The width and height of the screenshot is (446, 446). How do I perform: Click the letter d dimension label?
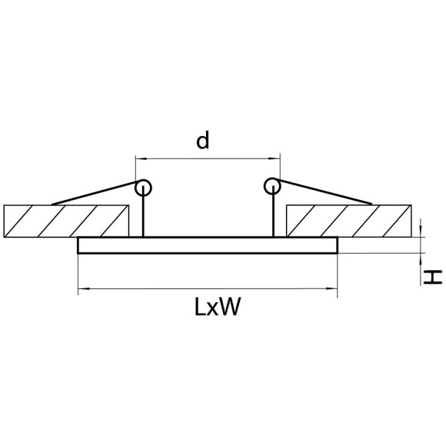203,140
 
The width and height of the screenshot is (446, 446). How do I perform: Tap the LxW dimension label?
218,307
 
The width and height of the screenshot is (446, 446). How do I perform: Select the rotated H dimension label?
433,278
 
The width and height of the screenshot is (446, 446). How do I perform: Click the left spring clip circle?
143,188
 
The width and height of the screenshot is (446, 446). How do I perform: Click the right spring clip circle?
272,186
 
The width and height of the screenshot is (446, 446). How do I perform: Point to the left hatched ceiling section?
66,221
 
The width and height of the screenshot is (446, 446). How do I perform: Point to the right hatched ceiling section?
348,221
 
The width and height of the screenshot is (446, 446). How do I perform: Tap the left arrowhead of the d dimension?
141,158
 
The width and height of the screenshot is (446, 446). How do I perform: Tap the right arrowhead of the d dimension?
275,158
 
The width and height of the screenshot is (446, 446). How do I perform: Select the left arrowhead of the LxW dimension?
84,288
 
